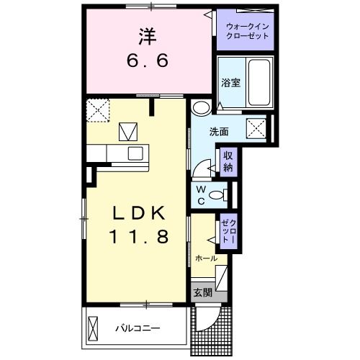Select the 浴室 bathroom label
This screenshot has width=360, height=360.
click(230, 82)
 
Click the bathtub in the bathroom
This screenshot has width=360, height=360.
click(258, 81)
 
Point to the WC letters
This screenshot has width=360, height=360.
click(202, 195)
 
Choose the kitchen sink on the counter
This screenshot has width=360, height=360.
click(135, 153)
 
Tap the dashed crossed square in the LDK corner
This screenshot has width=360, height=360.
click(97, 111)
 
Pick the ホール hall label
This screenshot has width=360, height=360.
click(206, 258)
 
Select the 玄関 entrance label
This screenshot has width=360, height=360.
click(203, 292)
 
